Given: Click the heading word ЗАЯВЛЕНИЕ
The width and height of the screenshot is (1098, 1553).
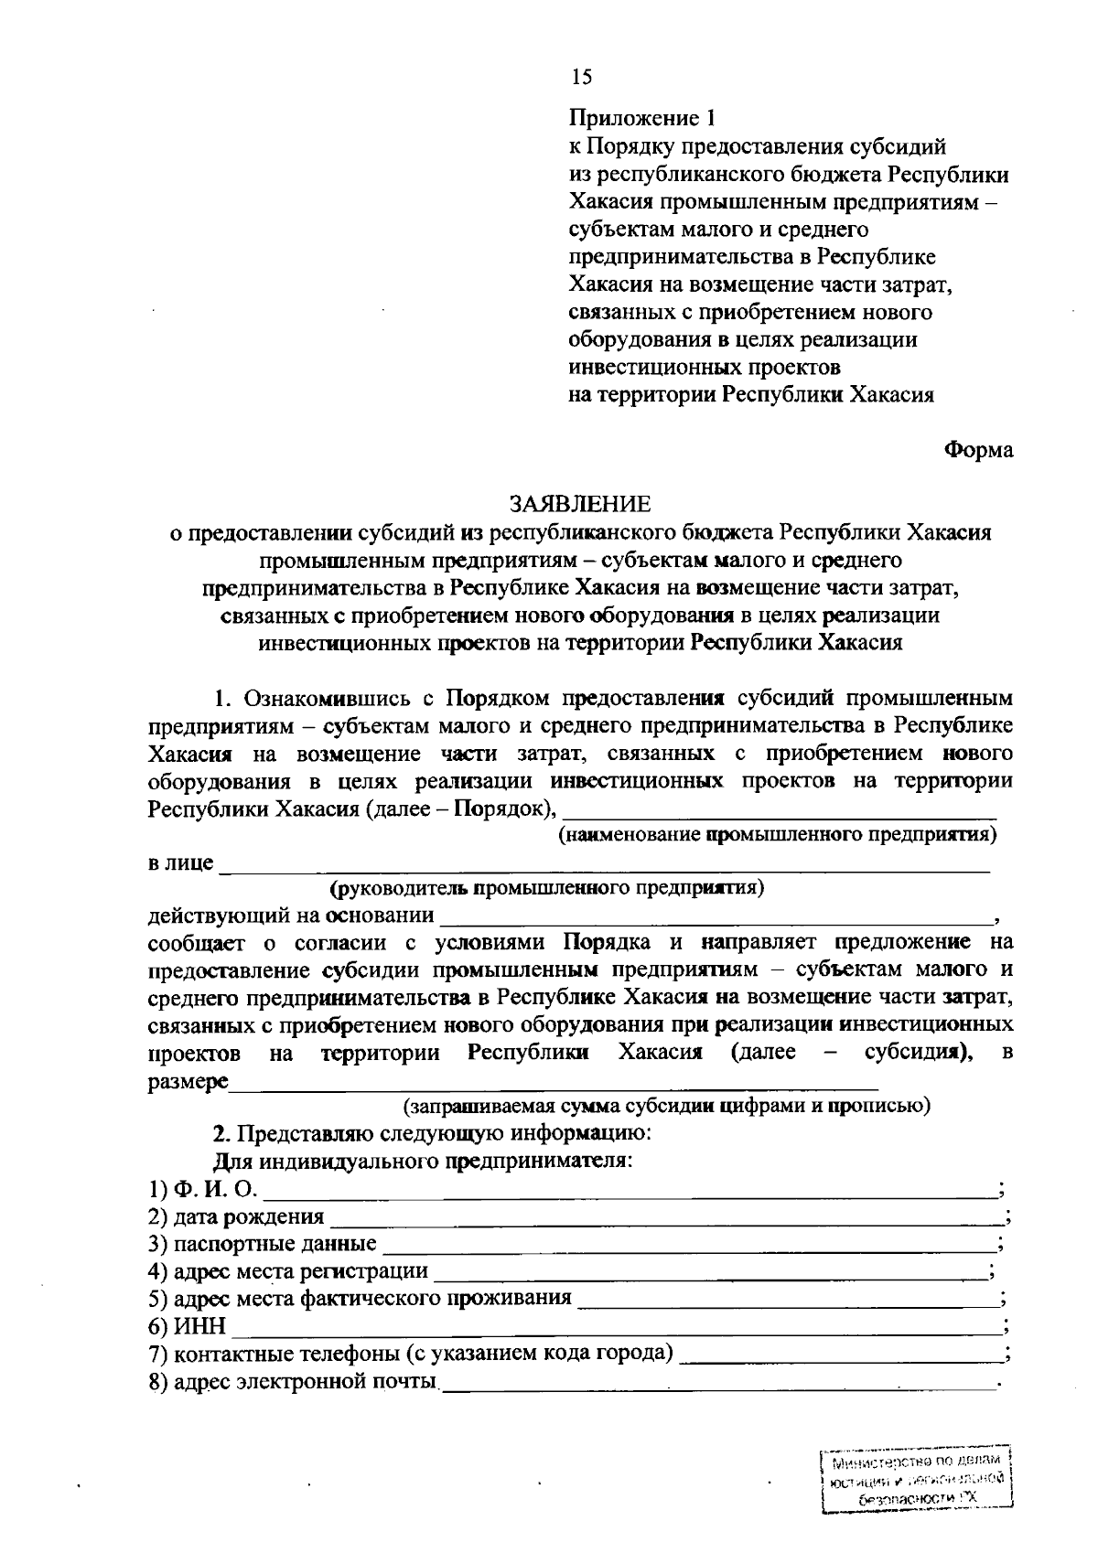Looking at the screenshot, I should (580, 504).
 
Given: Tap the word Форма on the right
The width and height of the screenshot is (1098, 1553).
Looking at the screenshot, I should (978, 451).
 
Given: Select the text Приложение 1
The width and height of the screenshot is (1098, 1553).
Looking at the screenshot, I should (640, 119).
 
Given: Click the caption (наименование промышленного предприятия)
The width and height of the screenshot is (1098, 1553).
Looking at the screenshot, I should (777, 835).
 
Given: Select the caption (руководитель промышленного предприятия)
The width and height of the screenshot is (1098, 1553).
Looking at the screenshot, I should (546, 888).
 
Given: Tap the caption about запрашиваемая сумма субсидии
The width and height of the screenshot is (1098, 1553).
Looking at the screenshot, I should (668, 1106).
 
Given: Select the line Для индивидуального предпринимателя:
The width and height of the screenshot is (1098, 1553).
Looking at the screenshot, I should (423, 1162).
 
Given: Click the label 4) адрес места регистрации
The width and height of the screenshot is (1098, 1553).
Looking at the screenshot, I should (288, 1272).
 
